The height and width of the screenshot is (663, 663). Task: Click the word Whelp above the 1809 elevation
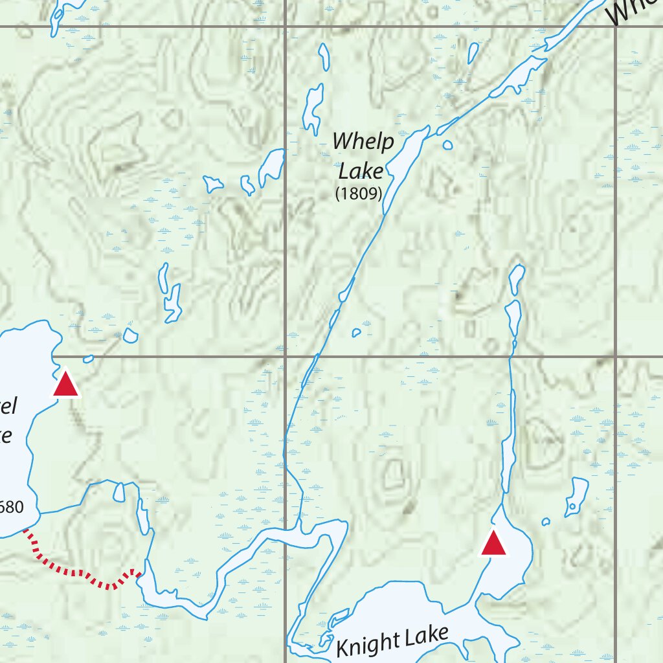363,141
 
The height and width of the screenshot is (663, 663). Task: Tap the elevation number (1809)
358,193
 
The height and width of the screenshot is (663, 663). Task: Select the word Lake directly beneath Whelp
361,171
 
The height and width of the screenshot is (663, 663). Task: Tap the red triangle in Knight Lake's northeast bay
493,544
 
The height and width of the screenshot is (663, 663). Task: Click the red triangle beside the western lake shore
65,383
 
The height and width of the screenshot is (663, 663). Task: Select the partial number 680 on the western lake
11,506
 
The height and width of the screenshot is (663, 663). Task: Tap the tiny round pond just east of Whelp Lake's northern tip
447,145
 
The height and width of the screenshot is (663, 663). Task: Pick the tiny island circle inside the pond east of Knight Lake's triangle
572,506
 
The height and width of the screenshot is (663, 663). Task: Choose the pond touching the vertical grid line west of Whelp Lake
272,165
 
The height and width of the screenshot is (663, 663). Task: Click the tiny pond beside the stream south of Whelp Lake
355,333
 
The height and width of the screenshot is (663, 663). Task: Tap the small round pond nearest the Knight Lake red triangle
546,521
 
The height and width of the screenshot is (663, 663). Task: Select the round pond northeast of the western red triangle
131,335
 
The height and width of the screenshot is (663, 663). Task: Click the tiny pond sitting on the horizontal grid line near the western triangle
89,358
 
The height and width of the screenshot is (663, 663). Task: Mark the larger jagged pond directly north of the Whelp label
313,107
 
